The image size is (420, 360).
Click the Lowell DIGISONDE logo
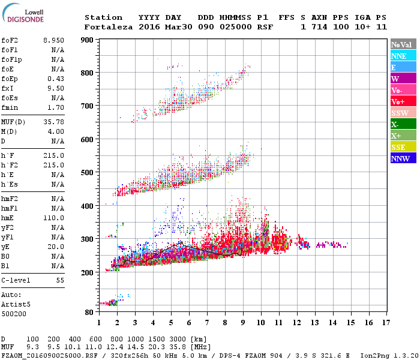point(22,16)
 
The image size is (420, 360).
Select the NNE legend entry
point(403,56)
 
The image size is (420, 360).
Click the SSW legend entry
point(403,113)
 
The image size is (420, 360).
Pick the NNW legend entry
point(403,158)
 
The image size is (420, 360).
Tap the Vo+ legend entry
point(403,101)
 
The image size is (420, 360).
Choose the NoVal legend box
point(403,44)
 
